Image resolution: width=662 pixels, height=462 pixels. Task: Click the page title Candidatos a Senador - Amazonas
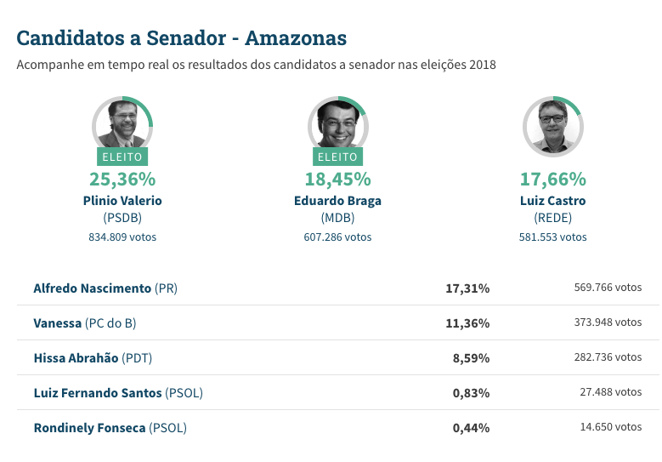(181, 38)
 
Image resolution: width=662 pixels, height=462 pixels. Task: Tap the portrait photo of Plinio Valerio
(122, 125)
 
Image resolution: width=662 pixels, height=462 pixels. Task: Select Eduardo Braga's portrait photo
(337, 125)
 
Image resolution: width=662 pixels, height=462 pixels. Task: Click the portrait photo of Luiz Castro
(552, 125)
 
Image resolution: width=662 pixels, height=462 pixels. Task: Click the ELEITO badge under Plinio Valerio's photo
(122, 157)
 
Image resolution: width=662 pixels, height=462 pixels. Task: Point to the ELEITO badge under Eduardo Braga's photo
(337, 157)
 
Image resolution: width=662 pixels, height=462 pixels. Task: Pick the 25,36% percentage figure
(122, 180)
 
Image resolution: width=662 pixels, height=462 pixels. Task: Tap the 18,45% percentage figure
(337, 180)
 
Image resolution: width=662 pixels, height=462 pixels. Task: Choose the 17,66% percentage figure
(552, 180)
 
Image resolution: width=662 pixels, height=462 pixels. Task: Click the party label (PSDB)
(122, 219)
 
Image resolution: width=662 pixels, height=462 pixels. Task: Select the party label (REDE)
(552, 219)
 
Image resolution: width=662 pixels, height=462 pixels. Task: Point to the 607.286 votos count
(337, 237)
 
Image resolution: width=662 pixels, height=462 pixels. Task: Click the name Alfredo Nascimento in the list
(93, 288)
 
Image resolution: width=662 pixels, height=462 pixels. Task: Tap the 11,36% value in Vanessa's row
(467, 323)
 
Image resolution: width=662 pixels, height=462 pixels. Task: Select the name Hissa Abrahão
(76, 358)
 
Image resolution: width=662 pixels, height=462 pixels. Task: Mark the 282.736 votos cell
(608, 357)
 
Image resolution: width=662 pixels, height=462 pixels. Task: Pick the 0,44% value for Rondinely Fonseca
(471, 428)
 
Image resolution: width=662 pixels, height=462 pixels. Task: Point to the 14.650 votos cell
(611, 427)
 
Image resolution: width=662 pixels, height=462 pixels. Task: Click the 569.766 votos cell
(608, 288)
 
